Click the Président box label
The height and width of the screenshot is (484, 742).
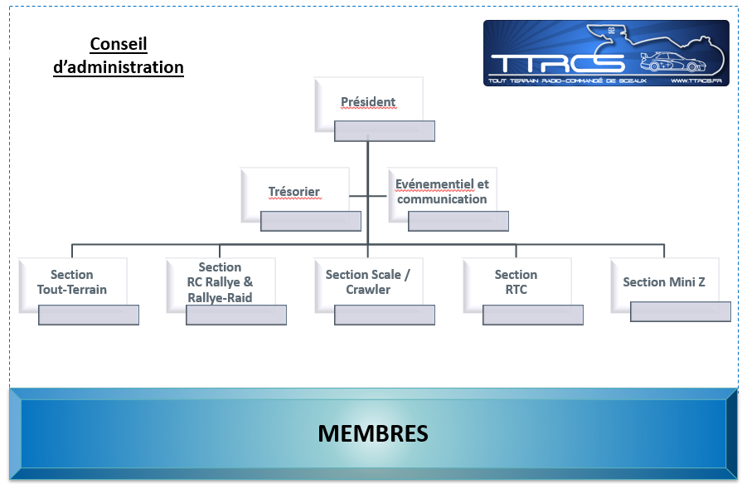coord(368,102)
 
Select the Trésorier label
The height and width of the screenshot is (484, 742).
coord(293,192)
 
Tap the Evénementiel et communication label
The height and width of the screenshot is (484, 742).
coord(442,192)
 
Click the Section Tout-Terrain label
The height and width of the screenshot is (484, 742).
coord(72,282)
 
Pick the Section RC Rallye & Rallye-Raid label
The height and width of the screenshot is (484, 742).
coord(220,282)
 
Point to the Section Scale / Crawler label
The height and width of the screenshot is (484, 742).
coord(368,282)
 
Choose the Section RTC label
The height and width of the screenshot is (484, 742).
coord(516,282)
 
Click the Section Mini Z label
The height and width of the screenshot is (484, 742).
coord(664,282)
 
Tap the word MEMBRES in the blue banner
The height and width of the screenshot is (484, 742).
coord(373,433)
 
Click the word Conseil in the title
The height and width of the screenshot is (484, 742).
coord(119,44)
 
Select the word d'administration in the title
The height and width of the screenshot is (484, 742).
coord(119,67)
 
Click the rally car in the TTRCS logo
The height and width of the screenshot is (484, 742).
coord(672,61)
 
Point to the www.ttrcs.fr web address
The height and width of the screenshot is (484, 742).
coord(696,81)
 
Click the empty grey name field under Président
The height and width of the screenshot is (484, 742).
coord(385,131)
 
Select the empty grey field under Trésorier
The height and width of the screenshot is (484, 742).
coord(311,222)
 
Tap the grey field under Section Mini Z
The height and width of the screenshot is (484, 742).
coord(681,311)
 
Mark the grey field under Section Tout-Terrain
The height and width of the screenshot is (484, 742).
coord(89,315)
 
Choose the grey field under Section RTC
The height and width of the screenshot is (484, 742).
coord(533,315)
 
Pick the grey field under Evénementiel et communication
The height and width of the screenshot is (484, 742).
coord(458,222)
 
